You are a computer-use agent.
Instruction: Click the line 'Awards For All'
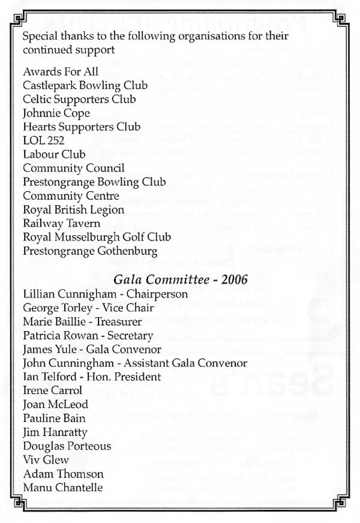click(x=55, y=72)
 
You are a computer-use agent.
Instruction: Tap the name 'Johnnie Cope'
click(x=56, y=113)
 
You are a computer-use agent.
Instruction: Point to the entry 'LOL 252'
click(x=44, y=140)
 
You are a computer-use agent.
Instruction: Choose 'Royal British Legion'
click(x=73, y=210)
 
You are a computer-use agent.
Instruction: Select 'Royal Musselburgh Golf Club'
click(x=97, y=237)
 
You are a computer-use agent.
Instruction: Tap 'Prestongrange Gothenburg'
click(x=90, y=251)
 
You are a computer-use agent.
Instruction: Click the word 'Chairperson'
click(x=160, y=294)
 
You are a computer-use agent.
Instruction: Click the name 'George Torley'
click(x=56, y=308)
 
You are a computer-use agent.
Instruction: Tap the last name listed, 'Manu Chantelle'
click(x=62, y=488)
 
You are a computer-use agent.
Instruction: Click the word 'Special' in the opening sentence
click(x=39, y=37)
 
